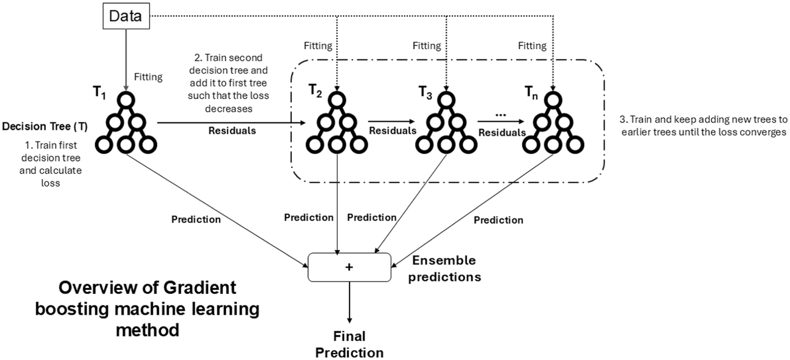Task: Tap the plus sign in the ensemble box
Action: [x=349, y=267]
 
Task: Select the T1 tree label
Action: [x=99, y=93]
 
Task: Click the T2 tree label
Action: [x=315, y=91]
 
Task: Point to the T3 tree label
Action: [x=425, y=93]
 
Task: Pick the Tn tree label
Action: [x=531, y=93]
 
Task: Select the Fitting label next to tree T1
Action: [x=148, y=77]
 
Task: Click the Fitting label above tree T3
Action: [x=427, y=46]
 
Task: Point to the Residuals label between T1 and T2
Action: [x=232, y=131]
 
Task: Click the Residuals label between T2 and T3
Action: [x=393, y=131]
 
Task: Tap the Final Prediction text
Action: [x=349, y=344]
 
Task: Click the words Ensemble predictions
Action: [x=444, y=269]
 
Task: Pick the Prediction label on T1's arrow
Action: [x=196, y=220]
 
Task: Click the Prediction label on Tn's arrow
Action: [x=499, y=220]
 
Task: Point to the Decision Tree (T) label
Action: [x=45, y=127]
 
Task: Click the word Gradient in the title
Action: [x=200, y=288]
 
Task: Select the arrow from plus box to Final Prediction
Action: [x=349, y=302]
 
